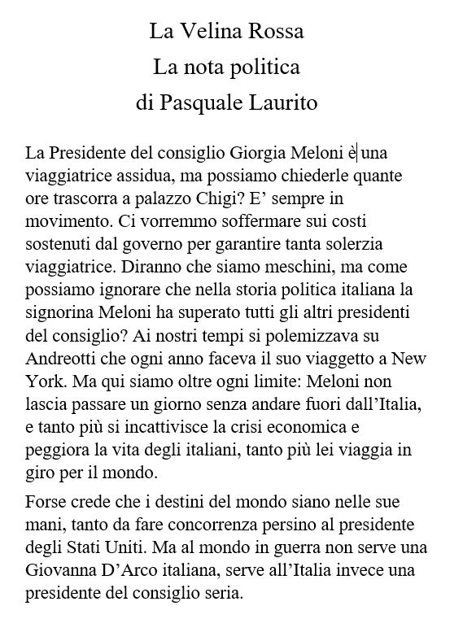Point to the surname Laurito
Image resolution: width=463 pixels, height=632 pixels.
click(282, 104)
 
